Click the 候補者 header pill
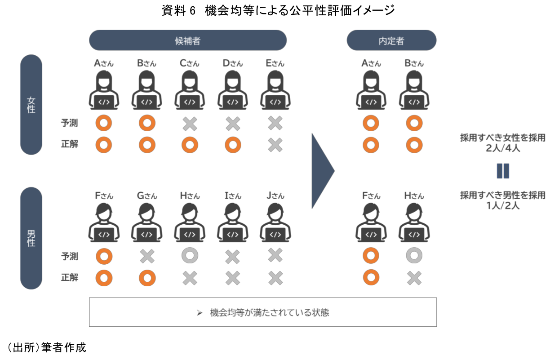pos(187,40)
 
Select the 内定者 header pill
pos(391,40)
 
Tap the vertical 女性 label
pos(31,104)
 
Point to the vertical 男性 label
pos(31,238)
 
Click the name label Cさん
pos(189,63)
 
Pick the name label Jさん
pos(275,196)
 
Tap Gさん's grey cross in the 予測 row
pos(147,256)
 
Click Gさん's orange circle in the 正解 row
pos(147,278)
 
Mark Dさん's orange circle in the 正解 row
pos(232,145)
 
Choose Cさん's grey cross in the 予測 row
pos(190,123)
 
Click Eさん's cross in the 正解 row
pos(275,145)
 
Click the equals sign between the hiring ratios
pos(502,171)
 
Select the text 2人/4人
pos(502,148)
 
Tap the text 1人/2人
pos(502,206)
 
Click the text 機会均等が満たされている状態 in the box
pos(269,312)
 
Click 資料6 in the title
pos(179,11)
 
